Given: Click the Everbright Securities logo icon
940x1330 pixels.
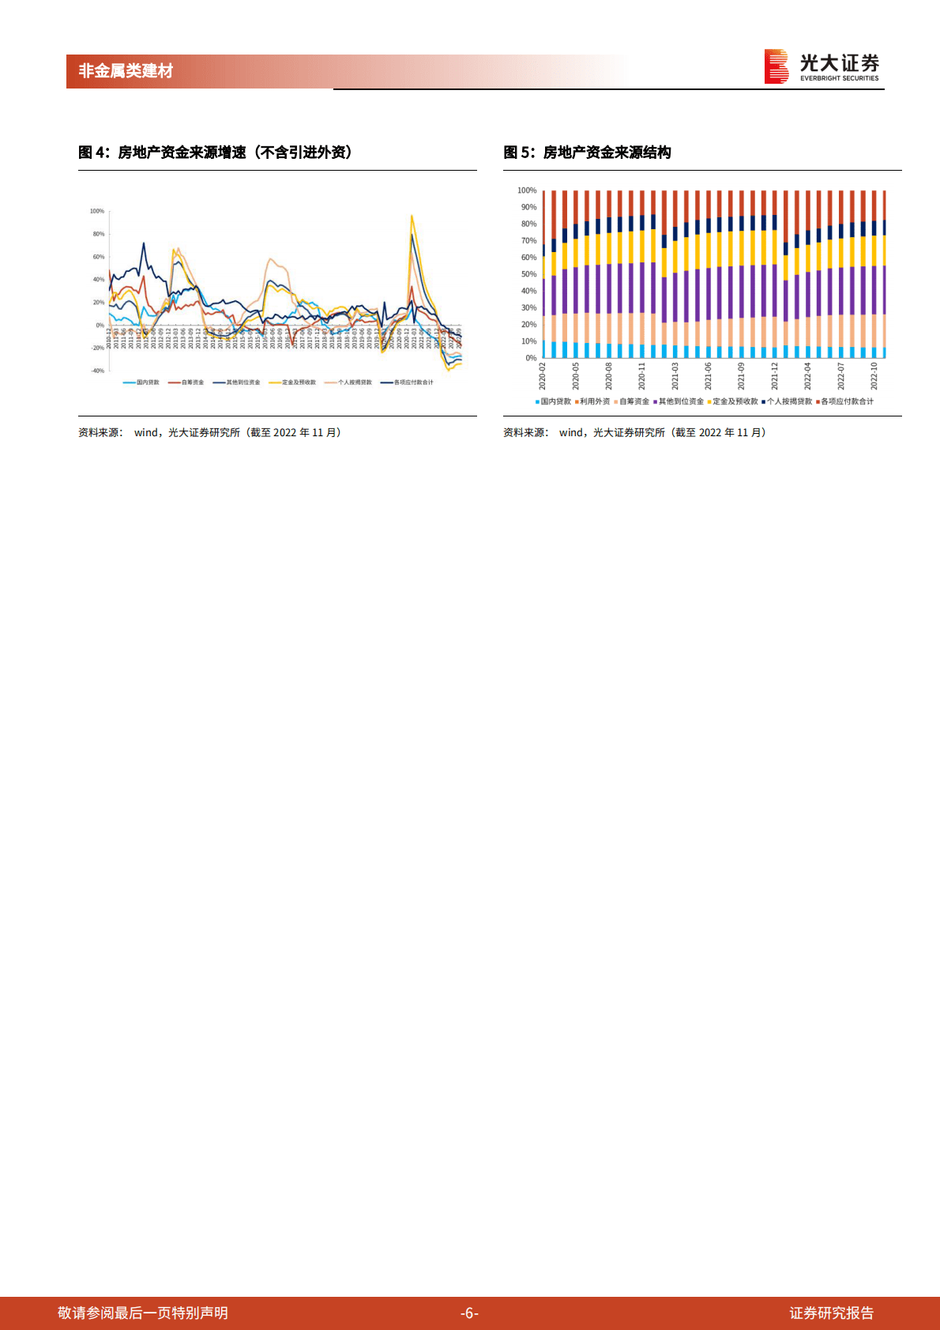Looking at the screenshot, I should pos(776,66).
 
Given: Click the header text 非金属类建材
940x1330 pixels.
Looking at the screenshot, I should pos(126,71).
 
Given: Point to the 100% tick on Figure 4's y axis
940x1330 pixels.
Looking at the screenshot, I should pos(97,211).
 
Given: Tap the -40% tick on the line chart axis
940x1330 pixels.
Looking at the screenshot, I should pos(97,371).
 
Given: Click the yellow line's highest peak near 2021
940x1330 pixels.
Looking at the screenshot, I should pos(412,216).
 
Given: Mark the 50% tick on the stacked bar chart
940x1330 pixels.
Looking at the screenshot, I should pos(528,274).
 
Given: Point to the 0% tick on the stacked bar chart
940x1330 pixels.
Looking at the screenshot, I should pos(531,358).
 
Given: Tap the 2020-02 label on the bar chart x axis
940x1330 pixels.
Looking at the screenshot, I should pos(543,376).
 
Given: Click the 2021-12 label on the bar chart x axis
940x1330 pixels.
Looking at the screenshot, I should pos(775,376).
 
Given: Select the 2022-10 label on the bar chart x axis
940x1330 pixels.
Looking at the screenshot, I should pos(874,376).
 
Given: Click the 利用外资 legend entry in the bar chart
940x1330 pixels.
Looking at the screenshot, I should pos(594,401).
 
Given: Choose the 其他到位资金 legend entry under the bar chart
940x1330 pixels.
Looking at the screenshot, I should pos(680,401).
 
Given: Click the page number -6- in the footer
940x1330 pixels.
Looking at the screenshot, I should pos(469,1313).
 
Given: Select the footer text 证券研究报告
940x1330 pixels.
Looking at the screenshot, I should pos(831,1313).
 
